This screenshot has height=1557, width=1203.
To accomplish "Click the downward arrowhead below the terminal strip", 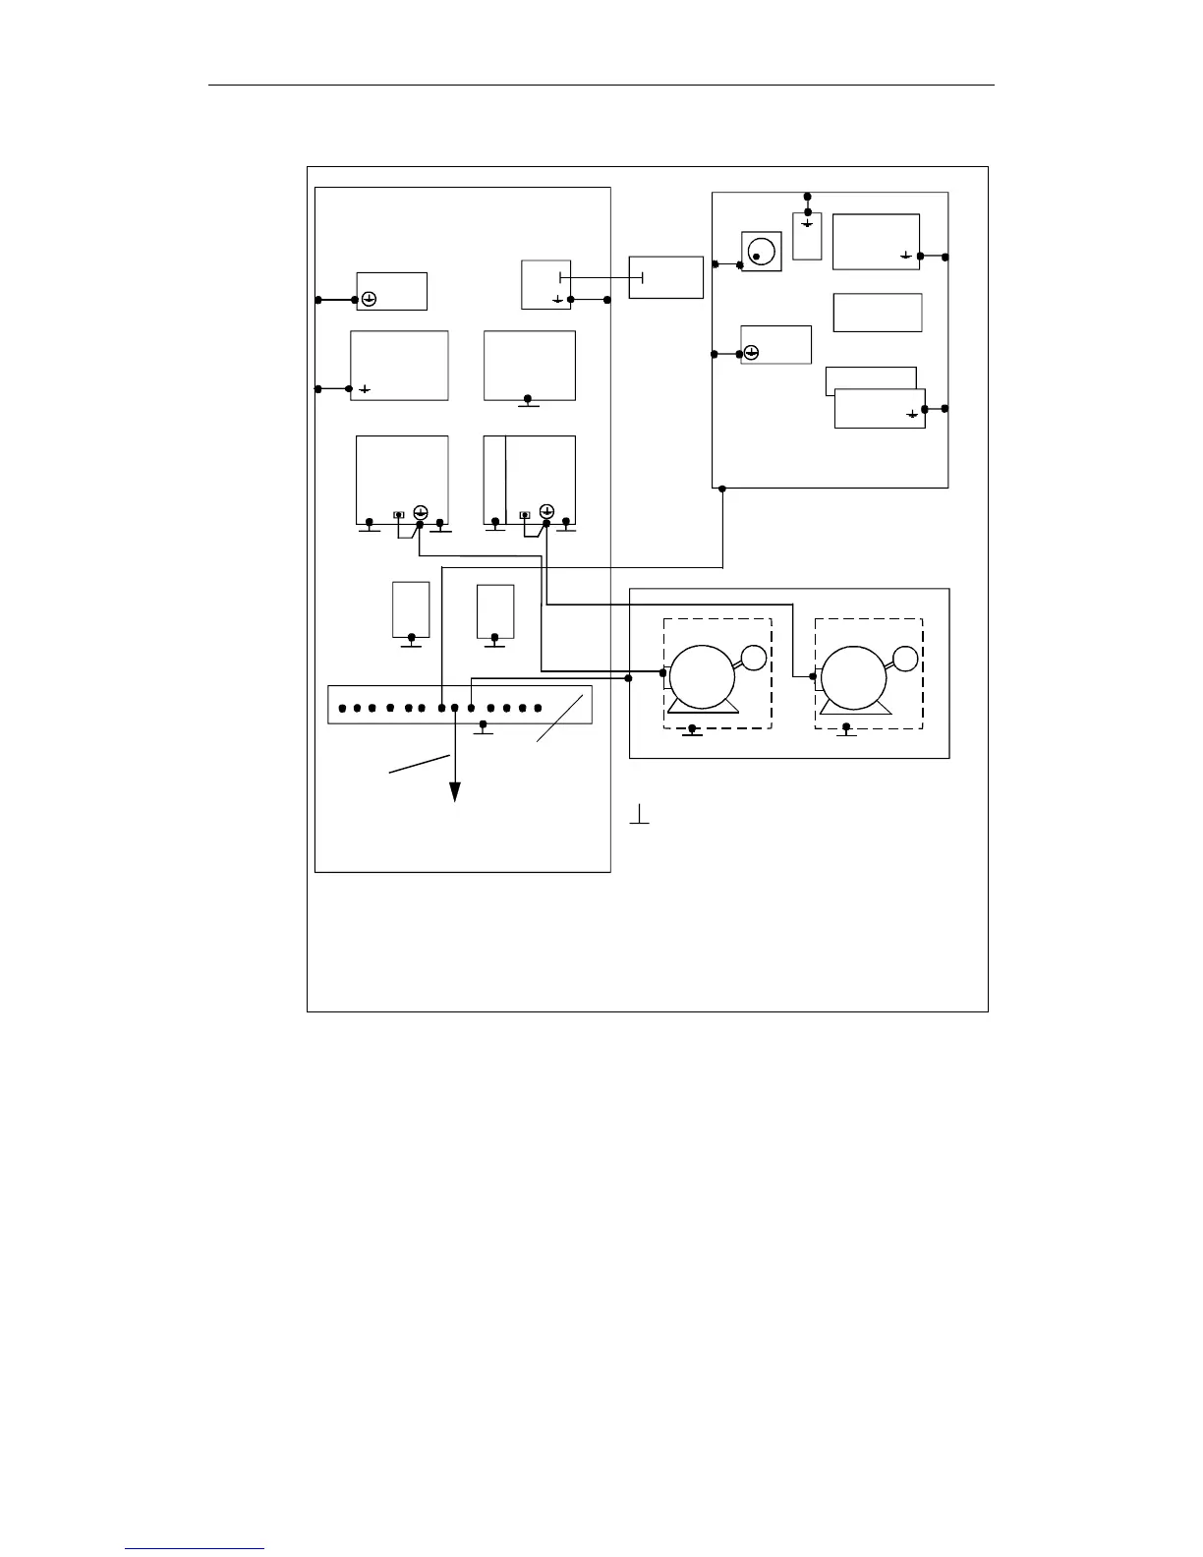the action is pyautogui.click(x=456, y=792).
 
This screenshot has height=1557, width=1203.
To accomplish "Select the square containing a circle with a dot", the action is pyautogui.click(x=761, y=252).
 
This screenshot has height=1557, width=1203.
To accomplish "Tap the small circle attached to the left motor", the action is pyautogui.click(x=754, y=659).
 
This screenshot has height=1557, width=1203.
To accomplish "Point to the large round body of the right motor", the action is pyautogui.click(x=854, y=677).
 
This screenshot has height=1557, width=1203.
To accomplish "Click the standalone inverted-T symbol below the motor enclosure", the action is pyautogui.click(x=640, y=815).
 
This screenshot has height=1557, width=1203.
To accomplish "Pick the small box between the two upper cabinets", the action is pyautogui.click(x=666, y=277).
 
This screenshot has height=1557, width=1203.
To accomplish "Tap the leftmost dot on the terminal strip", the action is pyautogui.click(x=341, y=708).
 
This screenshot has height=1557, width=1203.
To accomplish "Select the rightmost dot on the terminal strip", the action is pyautogui.click(x=539, y=708).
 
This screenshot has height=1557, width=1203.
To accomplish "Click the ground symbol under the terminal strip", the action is pyautogui.click(x=483, y=728).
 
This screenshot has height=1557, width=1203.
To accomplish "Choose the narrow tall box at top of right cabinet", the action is pyautogui.click(x=807, y=235).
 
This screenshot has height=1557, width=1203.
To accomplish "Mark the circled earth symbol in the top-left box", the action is pyautogui.click(x=369, y=300).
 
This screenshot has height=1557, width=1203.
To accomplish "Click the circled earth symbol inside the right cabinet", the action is pyautogui.click(x=752, y=353).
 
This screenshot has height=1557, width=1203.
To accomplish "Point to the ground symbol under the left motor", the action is pyautogui.click(x=693, y=730).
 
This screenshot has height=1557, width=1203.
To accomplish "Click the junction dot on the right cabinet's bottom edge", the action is pyautogui.click(x=722, y=489).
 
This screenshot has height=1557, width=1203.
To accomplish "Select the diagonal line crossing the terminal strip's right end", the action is pyautogui.click(x=560, y=718).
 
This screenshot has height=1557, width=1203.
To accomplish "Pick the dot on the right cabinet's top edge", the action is pyautogui.click(x=808, y=197).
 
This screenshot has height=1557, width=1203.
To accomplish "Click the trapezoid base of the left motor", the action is pyautogui.click(x=703, y=708).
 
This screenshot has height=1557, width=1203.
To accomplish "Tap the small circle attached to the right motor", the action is pyautogui.click(x=905, y=659).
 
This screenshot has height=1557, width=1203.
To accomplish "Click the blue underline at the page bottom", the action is pyautogui.click(x=195, y=1548).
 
